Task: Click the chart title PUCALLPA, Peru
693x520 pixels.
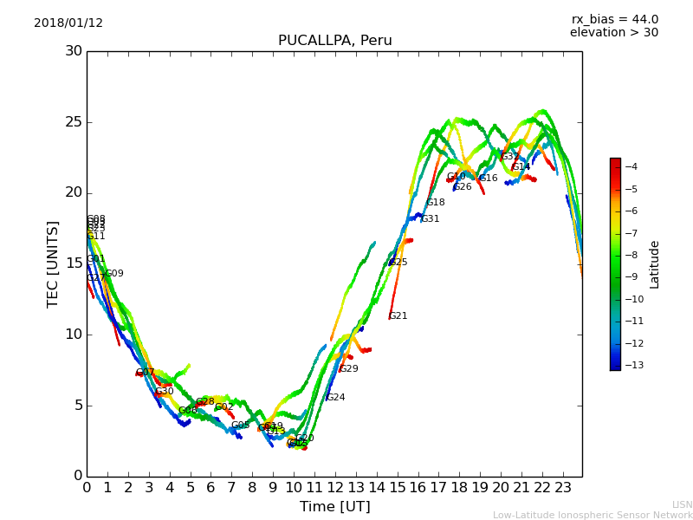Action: (334, 41)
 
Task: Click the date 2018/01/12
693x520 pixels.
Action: (68, 23)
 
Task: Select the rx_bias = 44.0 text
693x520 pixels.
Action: (614, 20)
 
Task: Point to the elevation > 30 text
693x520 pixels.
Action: (613, 33)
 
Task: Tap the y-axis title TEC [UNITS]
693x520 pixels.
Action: (53, 263)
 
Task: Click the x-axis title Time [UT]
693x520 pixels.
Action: (334, 506)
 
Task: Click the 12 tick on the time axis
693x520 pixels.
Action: (335, 487)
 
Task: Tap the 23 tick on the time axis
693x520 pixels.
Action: (562, 487)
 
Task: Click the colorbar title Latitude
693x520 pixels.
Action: (655, 264)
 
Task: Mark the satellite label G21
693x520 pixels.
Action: (398, 316)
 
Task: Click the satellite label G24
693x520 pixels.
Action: (336, 398)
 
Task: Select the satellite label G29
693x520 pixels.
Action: (349, 369)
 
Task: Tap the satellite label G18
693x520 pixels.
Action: (436, 203)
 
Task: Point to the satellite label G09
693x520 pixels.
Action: (114, 274)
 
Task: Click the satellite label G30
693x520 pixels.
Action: (165, 392)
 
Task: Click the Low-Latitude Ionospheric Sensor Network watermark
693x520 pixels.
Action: (593, 516)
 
